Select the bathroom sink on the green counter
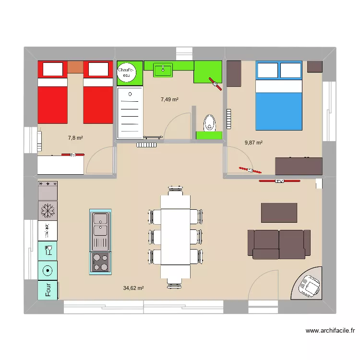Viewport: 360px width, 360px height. tap(164, 70)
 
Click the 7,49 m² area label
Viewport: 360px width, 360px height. tap(169, 99)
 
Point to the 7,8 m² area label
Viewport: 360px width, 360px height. tap(75, 138)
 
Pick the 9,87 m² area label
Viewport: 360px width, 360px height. tap(253, 143)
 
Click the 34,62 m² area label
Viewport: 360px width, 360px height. tap(133, 288)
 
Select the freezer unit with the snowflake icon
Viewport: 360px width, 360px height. tap(48, 210)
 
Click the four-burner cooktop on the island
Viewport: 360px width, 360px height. tap(100, 262)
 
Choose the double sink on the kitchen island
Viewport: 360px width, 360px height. tap(100, 225)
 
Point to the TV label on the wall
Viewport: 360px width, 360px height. tap(279, 181)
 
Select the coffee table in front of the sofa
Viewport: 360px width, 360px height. tap(279, 213)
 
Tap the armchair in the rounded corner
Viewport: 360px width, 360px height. tap(308, 286)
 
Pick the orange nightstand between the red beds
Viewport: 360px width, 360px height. tap(74, 67)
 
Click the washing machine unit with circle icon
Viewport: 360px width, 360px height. tap(48, 271)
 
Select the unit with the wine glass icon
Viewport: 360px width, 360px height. tap(48, 250)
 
